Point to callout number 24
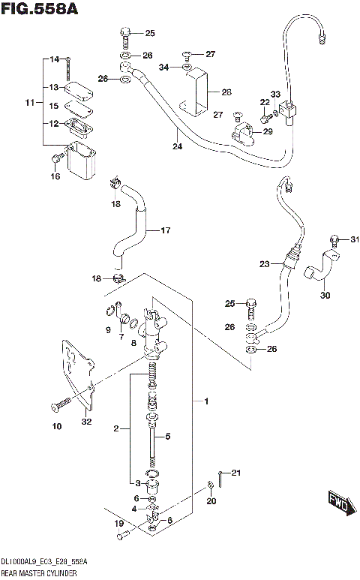(176, 147)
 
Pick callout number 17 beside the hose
(166, 230)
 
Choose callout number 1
(205, 402)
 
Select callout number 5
(168, 436)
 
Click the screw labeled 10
(58, 406)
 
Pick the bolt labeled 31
(334, 240)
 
